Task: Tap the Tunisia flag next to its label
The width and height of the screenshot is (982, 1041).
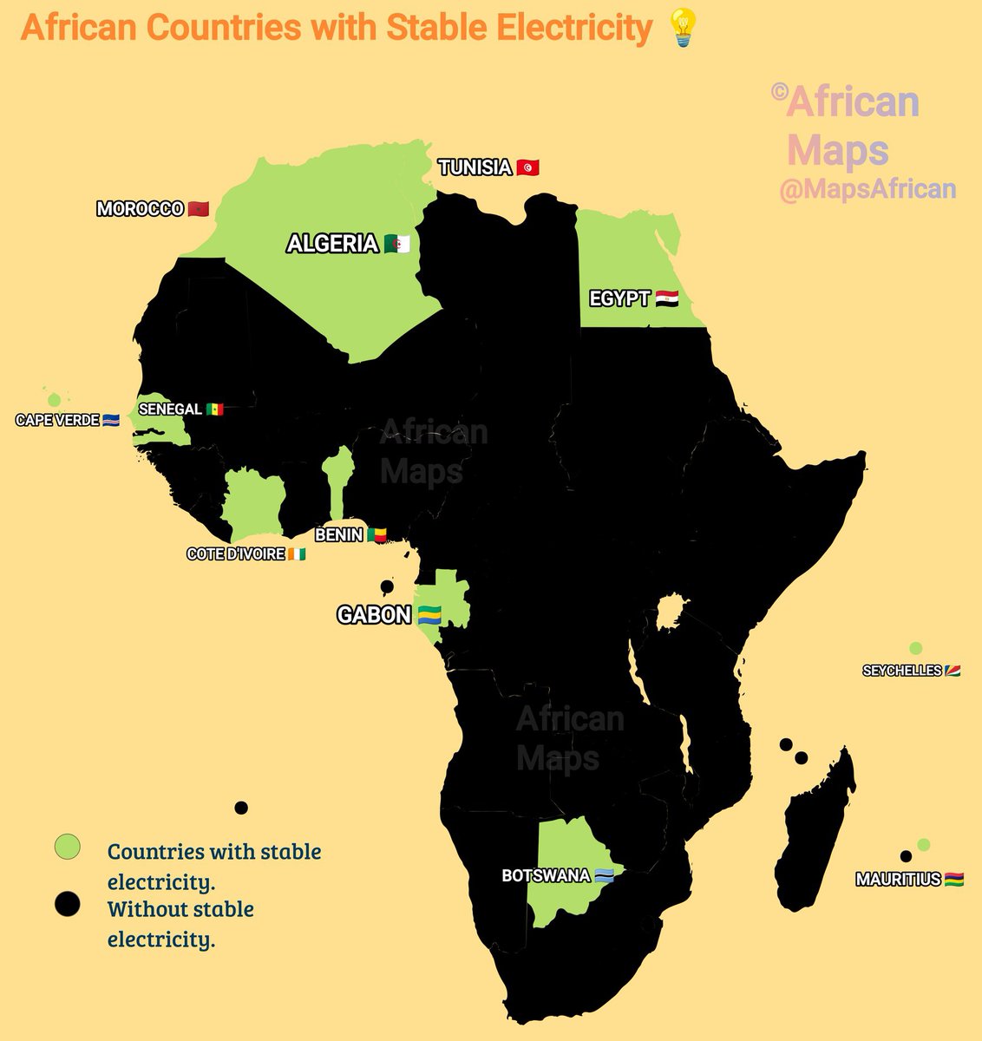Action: coord(527,167)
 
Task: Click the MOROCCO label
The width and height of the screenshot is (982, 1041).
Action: coord(140,209)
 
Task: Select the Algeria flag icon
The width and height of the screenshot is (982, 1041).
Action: coord(396,244)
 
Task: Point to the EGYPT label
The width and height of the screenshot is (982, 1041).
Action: coord(619,299)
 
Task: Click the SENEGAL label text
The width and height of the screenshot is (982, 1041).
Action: coord(170,409)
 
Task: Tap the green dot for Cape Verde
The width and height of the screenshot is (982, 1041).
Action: coord(55,400)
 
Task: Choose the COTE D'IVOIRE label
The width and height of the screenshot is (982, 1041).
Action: coord(236,554)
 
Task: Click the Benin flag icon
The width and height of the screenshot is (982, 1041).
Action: coord(376,535)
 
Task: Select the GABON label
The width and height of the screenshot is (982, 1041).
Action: coord(374,615)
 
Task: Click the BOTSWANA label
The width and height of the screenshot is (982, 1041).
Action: coord(546,876)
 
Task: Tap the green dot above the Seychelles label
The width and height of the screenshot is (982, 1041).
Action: coord(915,648)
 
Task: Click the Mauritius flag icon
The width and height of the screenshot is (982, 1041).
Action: coord(953,880)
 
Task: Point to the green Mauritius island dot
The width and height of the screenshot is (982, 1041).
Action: coord(924,845)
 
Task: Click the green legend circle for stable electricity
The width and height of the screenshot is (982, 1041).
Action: coord(67,847)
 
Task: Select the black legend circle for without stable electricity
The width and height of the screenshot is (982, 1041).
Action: coord(67,904)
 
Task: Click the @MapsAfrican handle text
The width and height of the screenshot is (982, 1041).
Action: coord(867,189)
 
